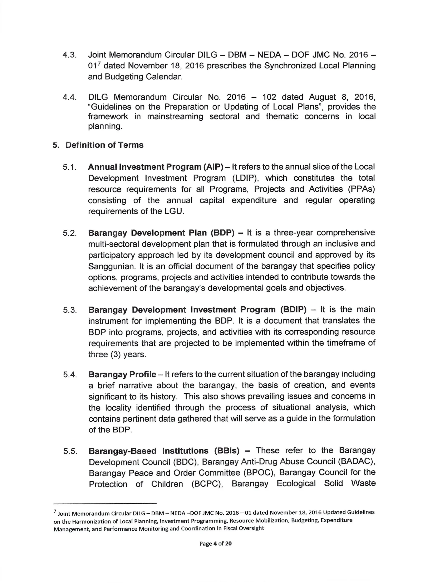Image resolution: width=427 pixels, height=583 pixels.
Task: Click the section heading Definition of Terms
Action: (x=104, y=145)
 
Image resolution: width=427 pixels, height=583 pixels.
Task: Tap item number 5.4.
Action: (x=70, y=375)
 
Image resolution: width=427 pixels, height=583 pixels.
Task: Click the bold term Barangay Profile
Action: (x=122, y=374)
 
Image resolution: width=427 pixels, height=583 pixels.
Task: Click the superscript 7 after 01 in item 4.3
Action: (x=98, y=63)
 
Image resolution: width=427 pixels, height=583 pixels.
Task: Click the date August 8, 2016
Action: (x=342, y=97)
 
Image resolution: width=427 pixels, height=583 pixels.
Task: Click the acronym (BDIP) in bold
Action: (x=293, y=310)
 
